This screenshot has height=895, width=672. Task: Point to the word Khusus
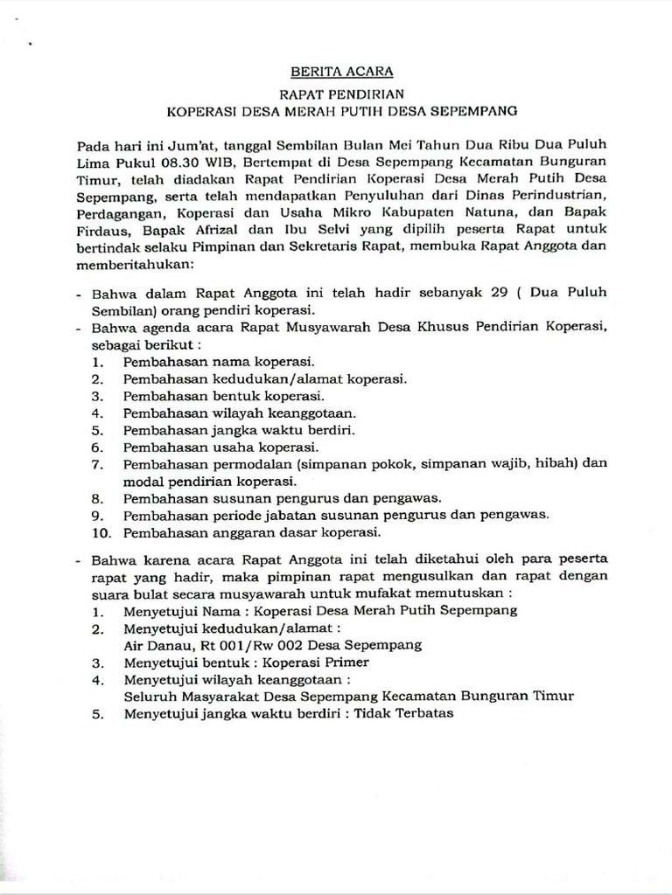point(426,327)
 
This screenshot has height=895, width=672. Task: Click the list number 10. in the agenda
point(100,531)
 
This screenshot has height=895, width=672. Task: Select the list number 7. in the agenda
point(97,463)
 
